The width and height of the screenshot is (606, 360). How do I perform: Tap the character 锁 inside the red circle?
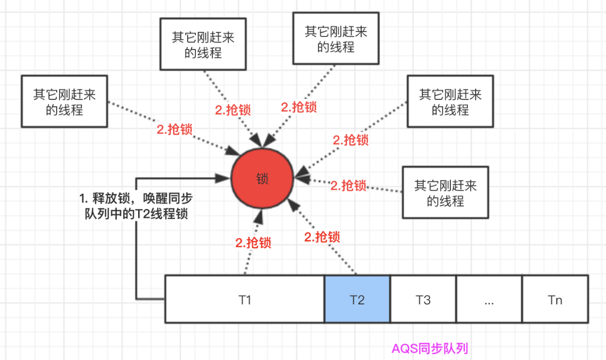point(262,179)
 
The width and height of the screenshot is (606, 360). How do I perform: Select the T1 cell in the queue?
point(244,299)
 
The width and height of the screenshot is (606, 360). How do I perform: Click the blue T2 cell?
point(357,299)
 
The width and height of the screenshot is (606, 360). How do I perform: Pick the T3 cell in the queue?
point(423,299)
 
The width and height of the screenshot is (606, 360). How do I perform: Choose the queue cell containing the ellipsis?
point(489,299)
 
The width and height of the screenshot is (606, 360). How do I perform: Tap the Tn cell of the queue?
point(555,299)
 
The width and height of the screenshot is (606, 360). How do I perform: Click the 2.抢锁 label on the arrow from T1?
point(253,243)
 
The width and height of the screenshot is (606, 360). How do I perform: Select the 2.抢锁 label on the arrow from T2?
point(322,237)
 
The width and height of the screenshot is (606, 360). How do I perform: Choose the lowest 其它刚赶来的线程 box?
point(445,192)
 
